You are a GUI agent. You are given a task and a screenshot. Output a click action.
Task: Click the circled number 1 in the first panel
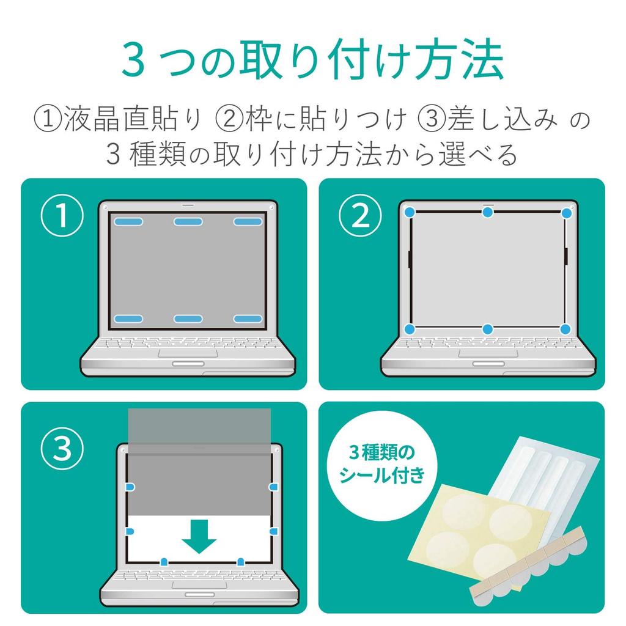62,216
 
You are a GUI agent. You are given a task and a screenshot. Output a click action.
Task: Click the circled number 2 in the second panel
360,216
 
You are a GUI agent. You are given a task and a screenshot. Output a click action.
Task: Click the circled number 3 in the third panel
62,448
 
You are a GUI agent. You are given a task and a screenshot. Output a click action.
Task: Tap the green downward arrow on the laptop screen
199,536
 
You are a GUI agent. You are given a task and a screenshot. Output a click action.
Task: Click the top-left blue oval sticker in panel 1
128,221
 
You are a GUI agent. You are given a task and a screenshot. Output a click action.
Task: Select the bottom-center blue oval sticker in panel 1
188,319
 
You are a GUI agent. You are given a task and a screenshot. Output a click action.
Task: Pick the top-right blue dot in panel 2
567,213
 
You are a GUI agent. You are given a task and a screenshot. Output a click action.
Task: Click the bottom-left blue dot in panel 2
410,330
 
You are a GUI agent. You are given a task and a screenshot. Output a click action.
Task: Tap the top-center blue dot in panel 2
487,212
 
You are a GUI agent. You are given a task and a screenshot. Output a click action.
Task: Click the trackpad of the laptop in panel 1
188,353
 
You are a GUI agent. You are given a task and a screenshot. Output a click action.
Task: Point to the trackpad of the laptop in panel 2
488,353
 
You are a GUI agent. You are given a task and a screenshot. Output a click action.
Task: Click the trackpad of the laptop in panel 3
199,584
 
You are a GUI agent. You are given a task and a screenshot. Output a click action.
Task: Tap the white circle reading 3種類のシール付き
382,465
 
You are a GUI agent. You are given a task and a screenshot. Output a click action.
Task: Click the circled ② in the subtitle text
229,119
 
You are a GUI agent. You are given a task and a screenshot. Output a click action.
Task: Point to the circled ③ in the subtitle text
432,119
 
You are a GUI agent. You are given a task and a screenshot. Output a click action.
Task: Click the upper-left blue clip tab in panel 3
131,487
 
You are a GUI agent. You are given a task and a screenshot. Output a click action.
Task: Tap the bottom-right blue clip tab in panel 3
240,562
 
